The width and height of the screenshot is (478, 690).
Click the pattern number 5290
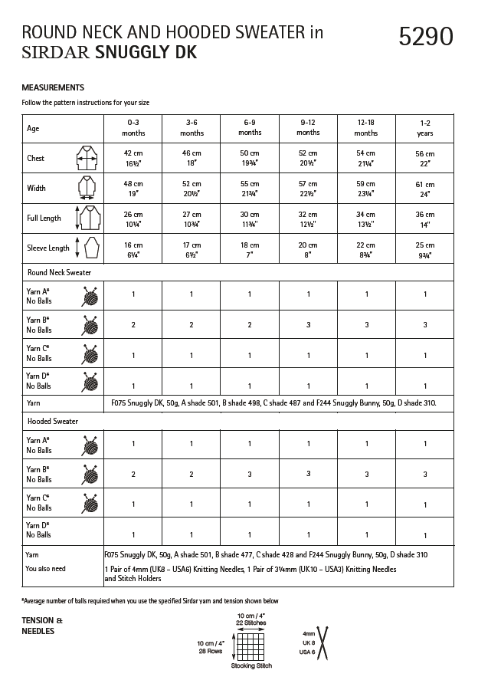pos(426,36)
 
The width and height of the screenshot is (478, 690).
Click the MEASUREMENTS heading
pos(53,87)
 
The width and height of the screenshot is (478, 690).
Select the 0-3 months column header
pos(133,128)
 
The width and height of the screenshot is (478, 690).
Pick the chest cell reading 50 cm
pos(250,158)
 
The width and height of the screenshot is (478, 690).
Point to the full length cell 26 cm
pos(133,219)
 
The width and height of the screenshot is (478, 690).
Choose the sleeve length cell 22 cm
pos(366,248)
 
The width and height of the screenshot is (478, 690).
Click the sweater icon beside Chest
pos(87,159)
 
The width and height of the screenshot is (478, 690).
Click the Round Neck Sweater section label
pos(59,272)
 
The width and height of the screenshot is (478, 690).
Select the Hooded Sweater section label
pos(53,421)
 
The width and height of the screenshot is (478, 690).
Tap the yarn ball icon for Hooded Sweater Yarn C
pos(90,503)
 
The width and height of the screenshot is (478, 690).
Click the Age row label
pos(33,129)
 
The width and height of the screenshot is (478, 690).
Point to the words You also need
pos(46,569)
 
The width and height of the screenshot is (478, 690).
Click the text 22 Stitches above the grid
pos(252,622)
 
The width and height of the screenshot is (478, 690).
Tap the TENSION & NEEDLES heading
pos(43,626)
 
